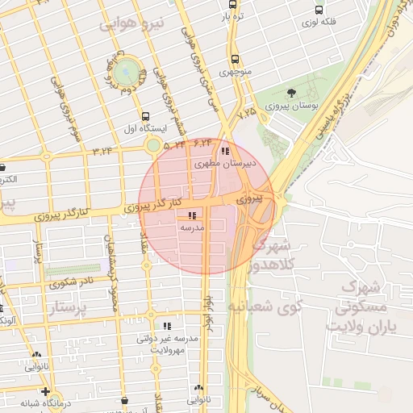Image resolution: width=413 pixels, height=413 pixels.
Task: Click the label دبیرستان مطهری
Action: point(227,163)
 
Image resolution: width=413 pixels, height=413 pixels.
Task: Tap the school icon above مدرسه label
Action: point(192,215)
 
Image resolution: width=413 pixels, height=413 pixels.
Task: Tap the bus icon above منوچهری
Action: point(235,59)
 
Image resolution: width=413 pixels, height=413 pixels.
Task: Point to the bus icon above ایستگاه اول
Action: point(145,116)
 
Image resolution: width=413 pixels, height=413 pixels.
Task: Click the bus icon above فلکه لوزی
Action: point(320,11)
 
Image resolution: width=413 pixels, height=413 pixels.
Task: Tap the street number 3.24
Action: point(102,150)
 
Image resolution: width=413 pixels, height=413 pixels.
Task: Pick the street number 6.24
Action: point(202,143)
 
